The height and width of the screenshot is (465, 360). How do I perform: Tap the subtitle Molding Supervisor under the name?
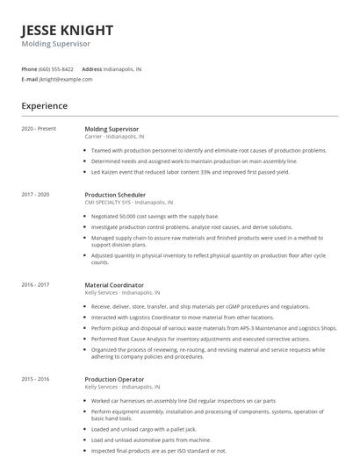pyautogui.click(x=55, y=43)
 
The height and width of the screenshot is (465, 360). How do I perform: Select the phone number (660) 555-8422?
pyautogui.click(x=56, y=68)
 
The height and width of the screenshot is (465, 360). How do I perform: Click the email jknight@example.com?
pyautogui.click(x=66, y=79)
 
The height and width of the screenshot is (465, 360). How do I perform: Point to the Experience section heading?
pyautogui.click(x=45, y=106)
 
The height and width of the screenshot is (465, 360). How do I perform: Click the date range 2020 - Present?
pyautogui.click(x=39, y=129)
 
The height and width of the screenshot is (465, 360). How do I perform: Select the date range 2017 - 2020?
pyautogui.click(x=36, y=193)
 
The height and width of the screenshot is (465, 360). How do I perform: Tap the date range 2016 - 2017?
pyautogui.click(x=36, y=284)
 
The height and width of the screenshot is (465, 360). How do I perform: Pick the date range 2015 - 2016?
pyautogui.click(x=36, y=378)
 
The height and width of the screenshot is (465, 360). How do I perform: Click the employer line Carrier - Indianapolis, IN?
pyautogui.click(x=115, y=137)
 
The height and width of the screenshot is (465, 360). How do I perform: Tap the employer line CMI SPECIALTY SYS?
pyautogui.click(x=129, y=202)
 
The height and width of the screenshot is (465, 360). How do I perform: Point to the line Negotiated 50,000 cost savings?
pyautogui.click(x=155, y=216)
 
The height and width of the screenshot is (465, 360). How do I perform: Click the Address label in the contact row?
pyautogui.click(x=92, y=68)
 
